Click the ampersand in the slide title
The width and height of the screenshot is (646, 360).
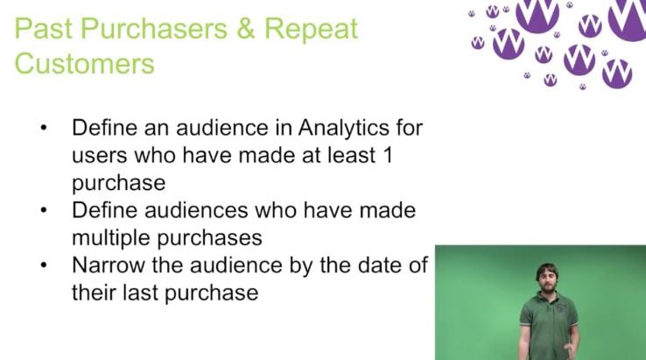(x=246, y=29)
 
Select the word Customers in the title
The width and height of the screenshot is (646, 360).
(x=84, y=64)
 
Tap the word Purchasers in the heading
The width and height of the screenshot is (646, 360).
(x=154, y=29)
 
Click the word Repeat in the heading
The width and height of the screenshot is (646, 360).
(x=311, y=29)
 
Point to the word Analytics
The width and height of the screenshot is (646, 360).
(x=344, y=128)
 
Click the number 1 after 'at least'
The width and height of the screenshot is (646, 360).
(x=388, y=155)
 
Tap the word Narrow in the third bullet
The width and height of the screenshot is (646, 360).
(x=109, y=265)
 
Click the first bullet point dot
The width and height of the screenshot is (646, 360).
(x=44, y=128)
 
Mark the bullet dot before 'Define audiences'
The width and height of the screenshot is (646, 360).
(x=44, y=210)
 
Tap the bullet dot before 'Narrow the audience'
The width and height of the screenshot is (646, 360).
(x=44, y=265)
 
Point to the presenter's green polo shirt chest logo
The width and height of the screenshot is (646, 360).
(x=562, y=307)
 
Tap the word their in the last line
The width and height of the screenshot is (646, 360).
(x=94, y=293)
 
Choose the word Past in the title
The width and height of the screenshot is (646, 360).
(x=43, y=29)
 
